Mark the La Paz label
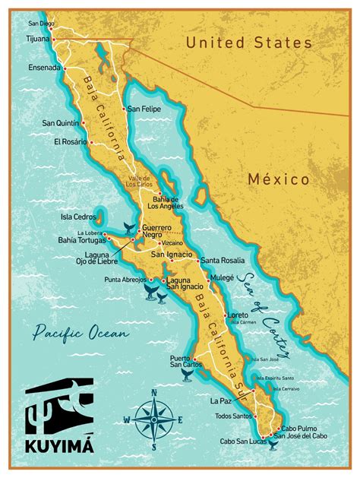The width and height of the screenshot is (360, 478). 220,398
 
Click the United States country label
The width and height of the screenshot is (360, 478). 249,43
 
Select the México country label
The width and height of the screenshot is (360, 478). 278,179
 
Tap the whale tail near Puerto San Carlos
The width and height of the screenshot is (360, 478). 185,375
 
